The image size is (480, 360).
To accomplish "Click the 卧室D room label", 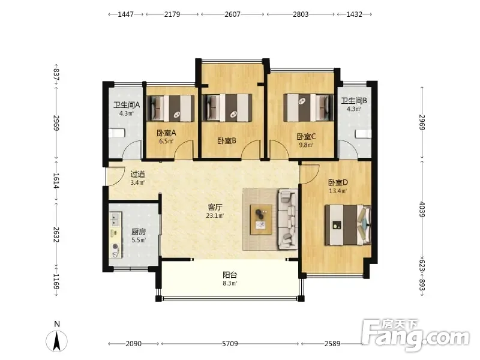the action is [338, 183].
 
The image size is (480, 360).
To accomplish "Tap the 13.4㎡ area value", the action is [338, 191].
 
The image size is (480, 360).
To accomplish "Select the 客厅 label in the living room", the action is [215, 207].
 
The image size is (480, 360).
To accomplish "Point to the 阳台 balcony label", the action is [230, 275].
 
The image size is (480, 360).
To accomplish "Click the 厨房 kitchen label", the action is [139, 232].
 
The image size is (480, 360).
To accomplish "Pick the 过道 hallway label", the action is [137, 174].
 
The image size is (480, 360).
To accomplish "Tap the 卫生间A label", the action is [127, 105].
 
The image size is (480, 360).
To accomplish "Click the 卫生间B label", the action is [354, 100].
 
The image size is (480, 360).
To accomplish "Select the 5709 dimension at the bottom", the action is [230, 344].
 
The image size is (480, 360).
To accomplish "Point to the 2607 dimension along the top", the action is [232, 14].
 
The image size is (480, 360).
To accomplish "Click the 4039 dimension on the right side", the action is [422, 209].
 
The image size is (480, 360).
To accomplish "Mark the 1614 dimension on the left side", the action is [56, 181].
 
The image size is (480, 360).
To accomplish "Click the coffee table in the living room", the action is [261, 220].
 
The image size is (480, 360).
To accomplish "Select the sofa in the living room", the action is [287, 219].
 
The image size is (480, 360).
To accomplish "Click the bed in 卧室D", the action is [348, 225].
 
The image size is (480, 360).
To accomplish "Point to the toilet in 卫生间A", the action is [116, 133].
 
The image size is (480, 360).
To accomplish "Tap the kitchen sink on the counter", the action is [115, 219].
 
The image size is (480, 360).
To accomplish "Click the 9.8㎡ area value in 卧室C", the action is [306, 145].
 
